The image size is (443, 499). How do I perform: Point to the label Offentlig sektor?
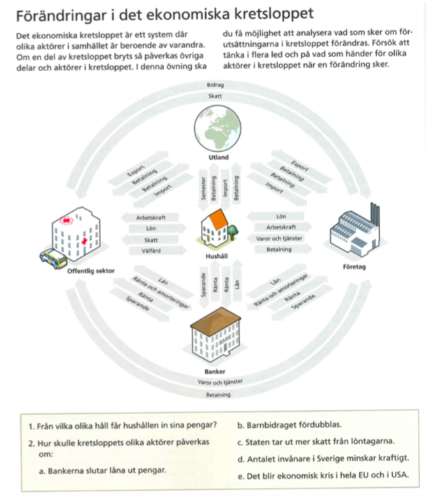(x=92, y=270)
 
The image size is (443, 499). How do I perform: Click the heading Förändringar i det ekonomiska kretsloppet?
(x=153, y=13)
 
